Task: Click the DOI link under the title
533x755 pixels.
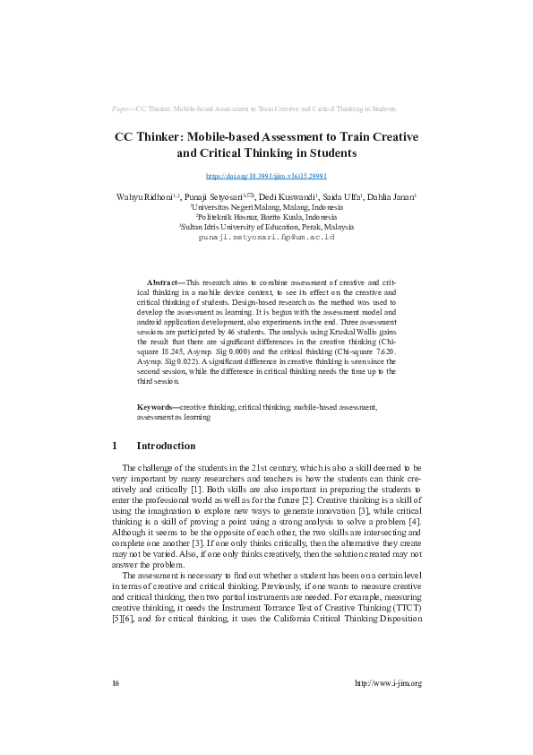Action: (x=266, y=177)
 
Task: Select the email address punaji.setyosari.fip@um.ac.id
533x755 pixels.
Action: (x=266, y=236)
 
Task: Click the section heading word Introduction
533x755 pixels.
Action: (x=166, y=446)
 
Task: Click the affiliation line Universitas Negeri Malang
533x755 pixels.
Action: (x=267, y=206)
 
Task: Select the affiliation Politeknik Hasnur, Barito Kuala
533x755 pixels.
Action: (x=267, y=216)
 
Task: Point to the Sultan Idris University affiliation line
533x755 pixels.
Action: (x=267, y=226)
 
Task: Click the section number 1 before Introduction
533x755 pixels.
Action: (x=115, y=446)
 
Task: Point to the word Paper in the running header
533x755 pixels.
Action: (x=122, y=108)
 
